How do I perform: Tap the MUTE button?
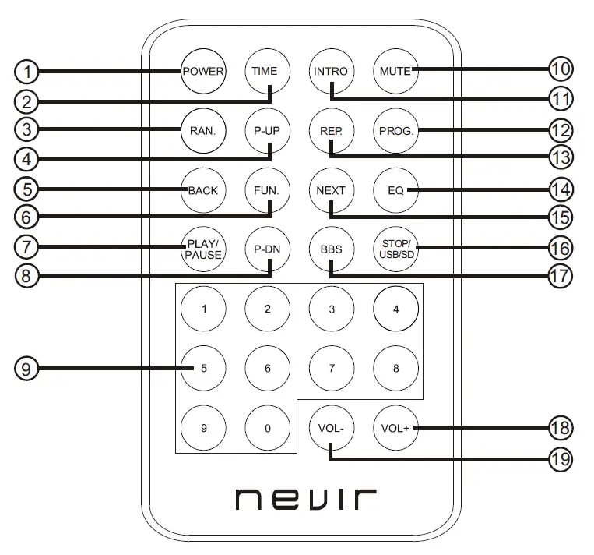[395, 71]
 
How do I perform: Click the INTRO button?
[331, 71]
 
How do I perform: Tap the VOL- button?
[331, 428]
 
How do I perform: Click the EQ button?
[395, 190]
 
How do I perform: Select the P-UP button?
[267, 130]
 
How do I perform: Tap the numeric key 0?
[267, 428]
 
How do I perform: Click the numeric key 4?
[395, 309]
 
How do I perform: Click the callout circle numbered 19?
[561, 460]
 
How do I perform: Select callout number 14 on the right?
[561, 189]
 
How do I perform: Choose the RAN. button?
[203, 130]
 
